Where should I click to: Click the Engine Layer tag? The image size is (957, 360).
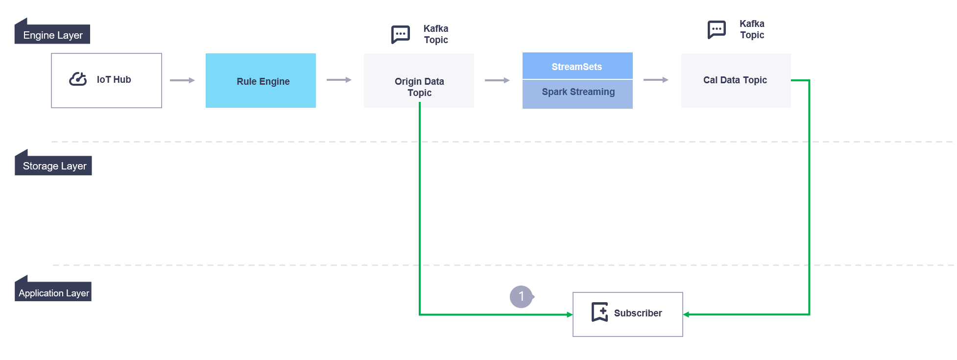[x=52, y=35]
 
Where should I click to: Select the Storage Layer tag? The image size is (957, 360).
[x=54, y=166]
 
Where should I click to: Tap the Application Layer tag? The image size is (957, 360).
[x=53, y=292]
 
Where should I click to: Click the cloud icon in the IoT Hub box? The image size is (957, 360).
[x=78, y=79]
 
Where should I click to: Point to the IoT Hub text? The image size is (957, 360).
[x=114, y=79]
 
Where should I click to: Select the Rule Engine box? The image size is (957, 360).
[x=261, y=81]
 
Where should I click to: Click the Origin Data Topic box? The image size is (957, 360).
[x=419, y=81]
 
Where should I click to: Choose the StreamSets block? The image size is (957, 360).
[x=577, y=66]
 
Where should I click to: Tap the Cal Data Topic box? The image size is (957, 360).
[x=735, y=80]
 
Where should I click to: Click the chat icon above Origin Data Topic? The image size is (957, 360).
[x=400, y=34]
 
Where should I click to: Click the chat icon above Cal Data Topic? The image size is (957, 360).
[x=717, y=29]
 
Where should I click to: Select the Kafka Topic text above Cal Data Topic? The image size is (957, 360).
[x=752, y=29]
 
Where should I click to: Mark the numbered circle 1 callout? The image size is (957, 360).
[x=521, y=296]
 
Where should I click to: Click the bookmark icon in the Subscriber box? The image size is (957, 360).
[x=599, y=312]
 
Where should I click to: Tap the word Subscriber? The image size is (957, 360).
[x=638, y=313]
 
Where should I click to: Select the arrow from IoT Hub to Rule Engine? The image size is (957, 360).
[x=183, y=80]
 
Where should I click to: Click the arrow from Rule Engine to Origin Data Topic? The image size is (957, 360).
[x=339, y=79]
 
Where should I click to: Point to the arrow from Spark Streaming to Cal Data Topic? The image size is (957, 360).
[x=656, y=79]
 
